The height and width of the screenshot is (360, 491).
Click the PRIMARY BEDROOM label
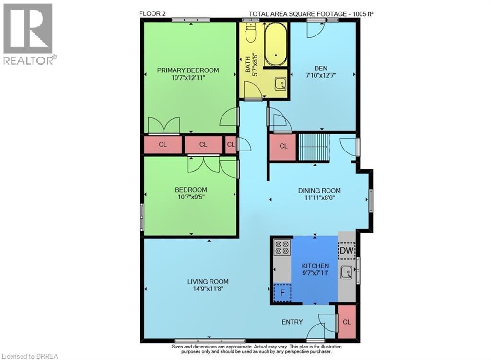tap(188, 70)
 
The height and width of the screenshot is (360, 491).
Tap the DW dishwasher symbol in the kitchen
tap(346, 250)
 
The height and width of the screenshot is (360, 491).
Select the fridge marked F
tap(282, 291)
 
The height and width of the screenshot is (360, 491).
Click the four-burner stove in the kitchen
tap(282, 247)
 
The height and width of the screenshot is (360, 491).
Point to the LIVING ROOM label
tap(208, 281)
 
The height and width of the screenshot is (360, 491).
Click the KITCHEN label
tap(315, 266)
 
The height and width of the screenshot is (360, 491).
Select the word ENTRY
tap(292, 322)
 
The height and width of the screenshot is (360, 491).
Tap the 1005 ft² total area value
tap(361, 14)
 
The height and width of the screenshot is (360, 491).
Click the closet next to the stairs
tap(283, 146)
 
